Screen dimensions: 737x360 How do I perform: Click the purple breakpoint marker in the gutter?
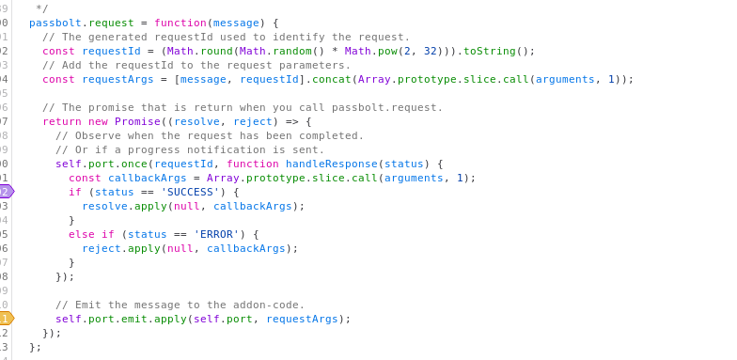coord(7,192)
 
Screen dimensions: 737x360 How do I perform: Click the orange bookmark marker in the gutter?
coord(7,319)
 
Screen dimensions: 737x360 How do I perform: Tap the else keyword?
coord(82,234)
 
